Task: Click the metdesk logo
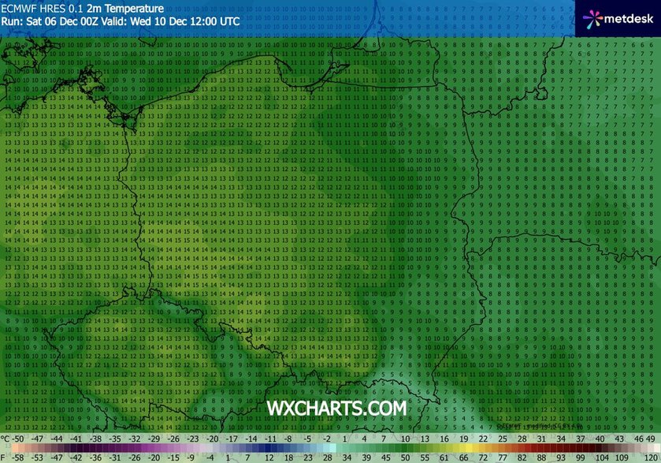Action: pos(618,17)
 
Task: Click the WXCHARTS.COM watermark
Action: pos(336,408)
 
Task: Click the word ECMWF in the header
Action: pos(19,8)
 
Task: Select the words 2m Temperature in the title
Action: pos(121,8)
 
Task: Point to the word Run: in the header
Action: pos(12,21)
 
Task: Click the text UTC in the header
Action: pos(229,21)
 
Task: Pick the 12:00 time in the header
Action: pos(200,21)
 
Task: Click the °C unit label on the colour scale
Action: pos(6,439)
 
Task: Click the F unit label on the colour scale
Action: pos(5,456)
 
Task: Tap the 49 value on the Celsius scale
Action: pos(650,439)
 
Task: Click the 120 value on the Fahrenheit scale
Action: pos(649,456)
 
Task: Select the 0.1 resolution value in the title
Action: pos(76,8)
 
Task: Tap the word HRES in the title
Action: pos(52,8)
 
